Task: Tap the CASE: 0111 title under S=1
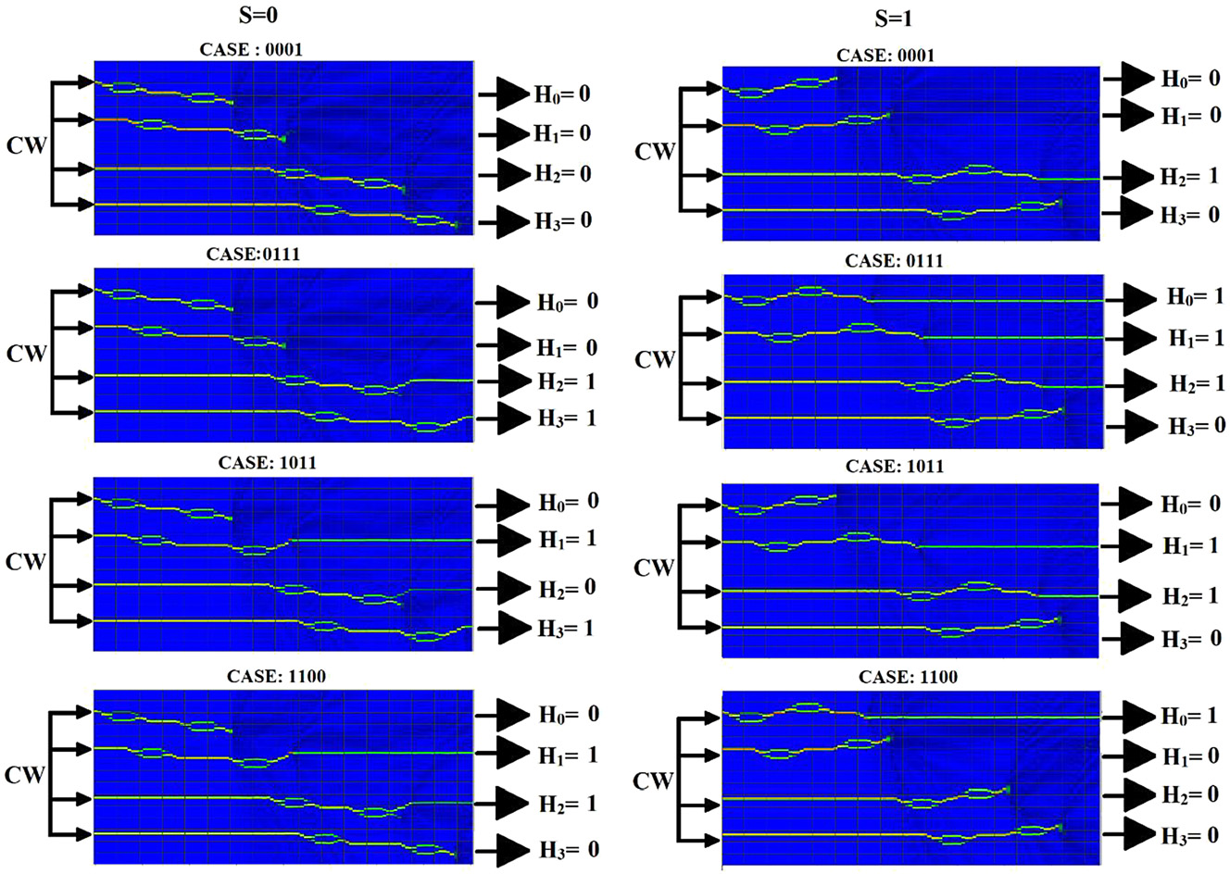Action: [894, 261]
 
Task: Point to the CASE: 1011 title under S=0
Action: [267, 462]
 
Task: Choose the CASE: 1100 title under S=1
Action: [908, 677]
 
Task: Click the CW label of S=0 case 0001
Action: [26, 145]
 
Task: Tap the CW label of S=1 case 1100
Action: [653, 781]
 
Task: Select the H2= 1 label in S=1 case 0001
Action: [1189, 177]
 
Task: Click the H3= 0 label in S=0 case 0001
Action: [562, 221]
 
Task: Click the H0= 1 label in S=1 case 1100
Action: [1189, 716]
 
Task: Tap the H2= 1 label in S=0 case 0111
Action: [567, 381]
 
